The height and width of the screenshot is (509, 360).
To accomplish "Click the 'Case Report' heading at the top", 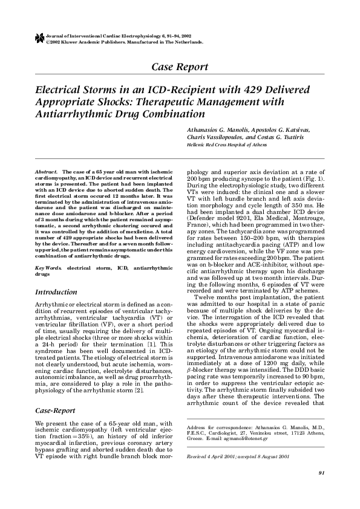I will (x=180, y=66).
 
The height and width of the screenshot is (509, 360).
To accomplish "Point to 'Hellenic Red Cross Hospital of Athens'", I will (x=222, y=145).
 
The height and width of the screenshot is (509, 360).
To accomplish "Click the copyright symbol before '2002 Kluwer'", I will (x=48, y=42).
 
